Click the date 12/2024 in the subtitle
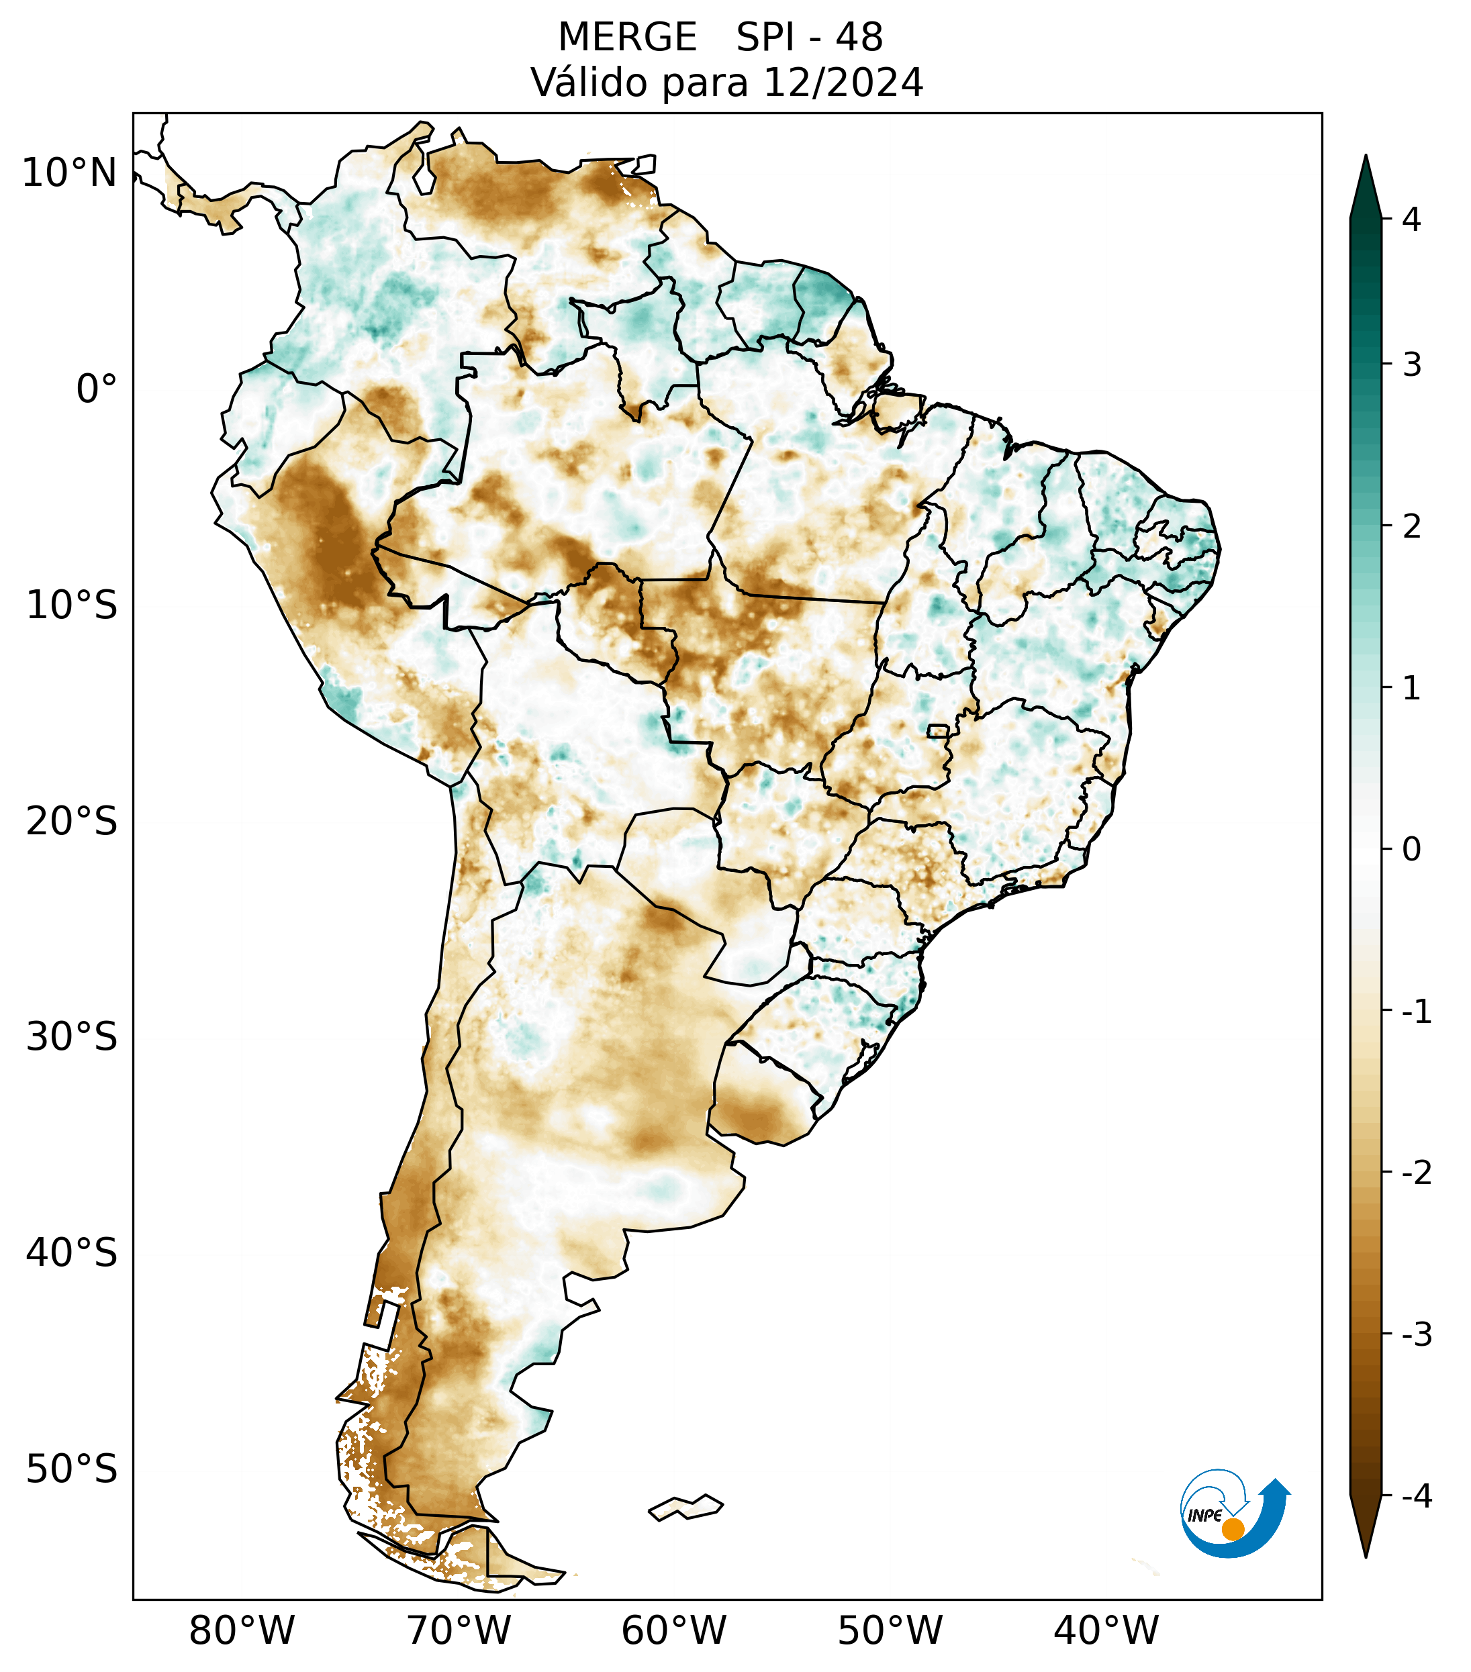coord(843,83)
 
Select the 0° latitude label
coord(97,389)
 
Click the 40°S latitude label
coord(72,1252)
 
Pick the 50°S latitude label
coord(72,1469)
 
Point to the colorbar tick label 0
coord(1411,849)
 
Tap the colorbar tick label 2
coord(1411,527)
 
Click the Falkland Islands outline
coord(685,1507)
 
